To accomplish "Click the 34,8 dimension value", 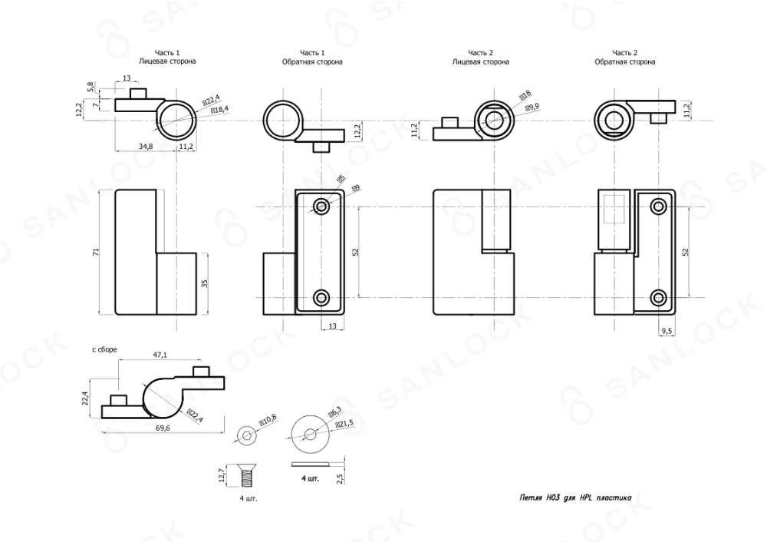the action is point(146,146).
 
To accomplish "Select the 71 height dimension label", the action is point(96,252).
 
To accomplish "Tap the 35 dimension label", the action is point(205,283).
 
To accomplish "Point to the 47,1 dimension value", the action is point(160,355).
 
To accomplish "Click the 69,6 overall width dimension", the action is point(163,428).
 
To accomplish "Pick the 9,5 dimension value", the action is point(667,331).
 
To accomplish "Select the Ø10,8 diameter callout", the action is point(268,421).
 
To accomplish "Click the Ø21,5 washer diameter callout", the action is point(344,423).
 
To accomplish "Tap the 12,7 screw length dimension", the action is point(222,475).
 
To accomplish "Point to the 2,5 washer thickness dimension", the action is point(341,478).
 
